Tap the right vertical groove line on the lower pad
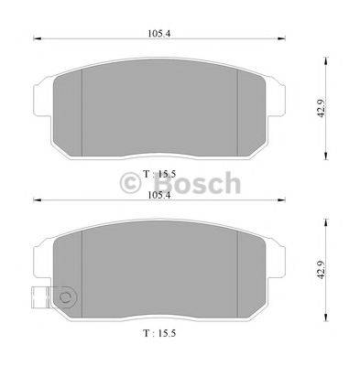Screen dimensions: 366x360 [x=238, y=273]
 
